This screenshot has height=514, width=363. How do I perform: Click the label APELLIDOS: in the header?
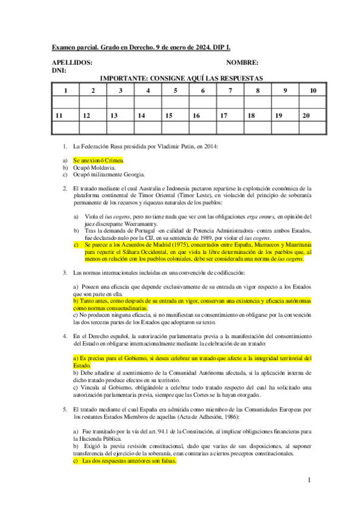click(72, 63)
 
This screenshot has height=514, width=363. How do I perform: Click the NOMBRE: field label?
click(242, 63)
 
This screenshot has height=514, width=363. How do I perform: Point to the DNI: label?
click(59, 71)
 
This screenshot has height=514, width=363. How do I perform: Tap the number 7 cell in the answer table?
click(230, 90)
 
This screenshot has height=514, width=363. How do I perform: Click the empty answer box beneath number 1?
click(65, 102)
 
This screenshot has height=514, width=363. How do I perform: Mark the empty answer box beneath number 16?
click(203, 127)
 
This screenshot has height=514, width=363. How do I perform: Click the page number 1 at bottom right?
click(308, 480)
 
